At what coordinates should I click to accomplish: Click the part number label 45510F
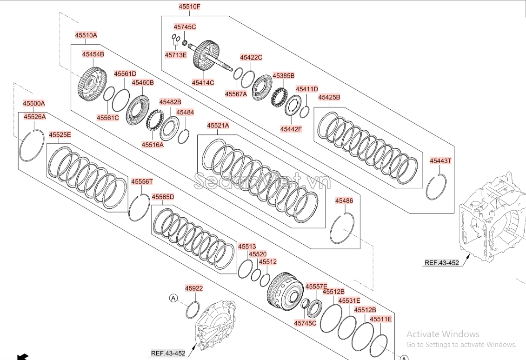pos(190,7)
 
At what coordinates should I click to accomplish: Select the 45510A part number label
pos(86,35)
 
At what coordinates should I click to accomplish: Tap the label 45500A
pos(34,103)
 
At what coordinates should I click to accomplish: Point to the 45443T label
pos(441,161)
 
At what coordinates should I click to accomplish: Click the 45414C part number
pos(203,82)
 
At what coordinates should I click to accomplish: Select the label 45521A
pos(218,126)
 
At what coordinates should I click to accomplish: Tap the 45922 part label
pos(194,288)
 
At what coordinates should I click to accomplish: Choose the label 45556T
pos(142,181)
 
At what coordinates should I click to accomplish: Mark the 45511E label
pos(381,319)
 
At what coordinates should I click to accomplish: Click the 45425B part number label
pos(329,97)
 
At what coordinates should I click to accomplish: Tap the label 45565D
pos(163,197)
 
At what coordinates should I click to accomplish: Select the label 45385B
pos(283,76)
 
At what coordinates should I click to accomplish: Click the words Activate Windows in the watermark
pos(443,334)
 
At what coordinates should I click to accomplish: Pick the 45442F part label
pos(291,129)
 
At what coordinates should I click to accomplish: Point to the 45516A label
pos(153,145)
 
